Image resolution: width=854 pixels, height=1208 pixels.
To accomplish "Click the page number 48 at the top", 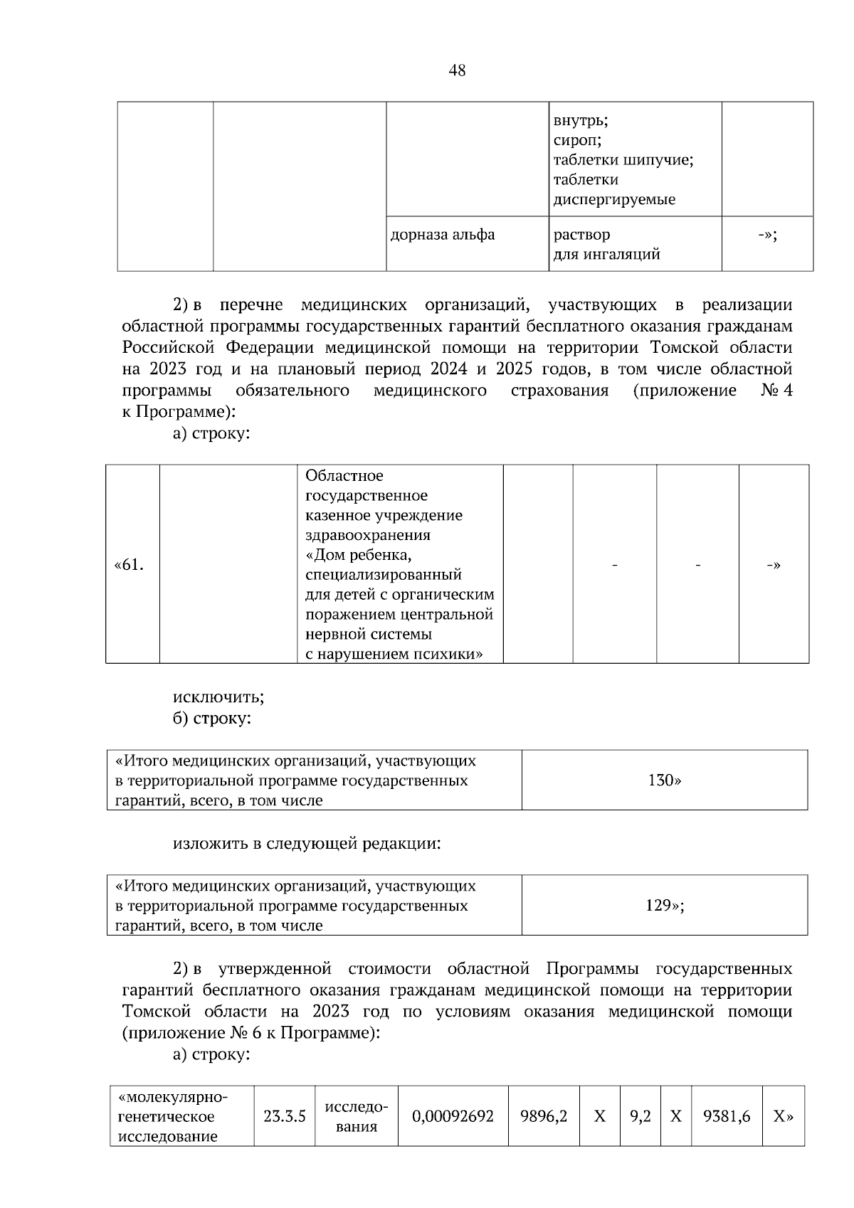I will [458, 70].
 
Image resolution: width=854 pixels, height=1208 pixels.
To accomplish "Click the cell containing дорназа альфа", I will [443, 235].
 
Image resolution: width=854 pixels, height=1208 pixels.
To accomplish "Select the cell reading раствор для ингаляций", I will [606, 244].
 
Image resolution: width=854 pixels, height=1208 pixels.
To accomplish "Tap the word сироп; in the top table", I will [577, 141].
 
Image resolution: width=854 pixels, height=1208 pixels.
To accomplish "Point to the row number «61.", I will [129, 566].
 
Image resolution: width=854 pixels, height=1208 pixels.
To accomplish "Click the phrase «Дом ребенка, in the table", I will [359, 554].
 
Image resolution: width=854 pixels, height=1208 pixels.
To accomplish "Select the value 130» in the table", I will [664, 780].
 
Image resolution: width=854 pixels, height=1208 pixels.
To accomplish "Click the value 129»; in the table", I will [665, 906].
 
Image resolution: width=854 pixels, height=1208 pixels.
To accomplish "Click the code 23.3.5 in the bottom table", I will [284, 1117].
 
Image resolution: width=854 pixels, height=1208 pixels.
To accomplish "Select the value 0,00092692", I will [453, 1117].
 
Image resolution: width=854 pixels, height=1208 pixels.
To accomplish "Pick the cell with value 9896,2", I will [544, 1117].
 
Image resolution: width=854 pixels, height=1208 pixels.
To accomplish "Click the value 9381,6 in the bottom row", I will [726, 1117].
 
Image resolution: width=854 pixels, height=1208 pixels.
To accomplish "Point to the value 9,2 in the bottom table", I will [640, 1117].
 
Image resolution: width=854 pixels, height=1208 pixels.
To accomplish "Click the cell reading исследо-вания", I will [356, 1117].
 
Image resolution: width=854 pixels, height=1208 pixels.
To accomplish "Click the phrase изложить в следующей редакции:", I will [306, 844].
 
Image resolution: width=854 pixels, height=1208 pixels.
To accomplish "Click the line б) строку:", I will [211, 719].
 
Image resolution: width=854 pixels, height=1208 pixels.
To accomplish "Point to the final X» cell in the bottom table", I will [783, 1117].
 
